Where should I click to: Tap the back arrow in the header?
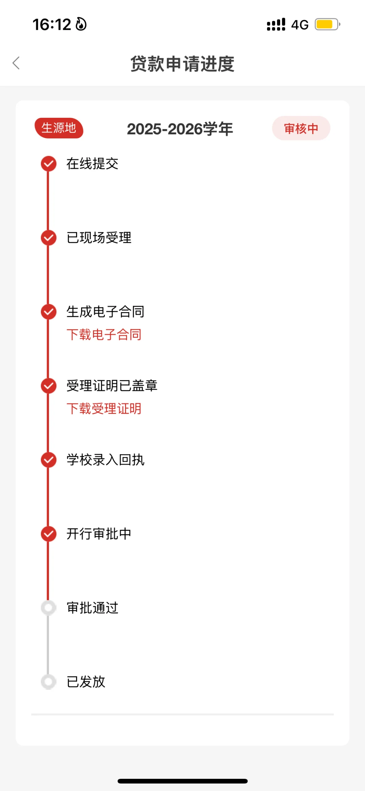tap(16, 63)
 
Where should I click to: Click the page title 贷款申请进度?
tap(182, 64)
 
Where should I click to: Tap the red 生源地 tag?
tap(59, 128)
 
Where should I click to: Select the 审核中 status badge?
tap(301, 128)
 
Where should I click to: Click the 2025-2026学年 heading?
tap(180, 129)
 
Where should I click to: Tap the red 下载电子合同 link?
tap(104, 335)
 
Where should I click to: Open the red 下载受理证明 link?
tap(104, 409)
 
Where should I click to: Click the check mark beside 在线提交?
tap(49, 164)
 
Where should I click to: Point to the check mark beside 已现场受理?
tap(49, 238)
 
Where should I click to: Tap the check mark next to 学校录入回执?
tap(49, 460)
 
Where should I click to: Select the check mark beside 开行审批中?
tap(49, 534)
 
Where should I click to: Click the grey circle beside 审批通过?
tap(49, 608)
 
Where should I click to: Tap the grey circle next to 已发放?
tap(49, 682)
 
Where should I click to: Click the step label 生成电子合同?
tap(105, 312)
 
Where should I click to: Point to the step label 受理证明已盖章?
tap(112, 386)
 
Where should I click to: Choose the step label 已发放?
tap(86, 682)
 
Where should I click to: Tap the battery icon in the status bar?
tap(327, 24)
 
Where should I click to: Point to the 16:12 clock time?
tap(52, 25)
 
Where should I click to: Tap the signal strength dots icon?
tap(276, 25)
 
